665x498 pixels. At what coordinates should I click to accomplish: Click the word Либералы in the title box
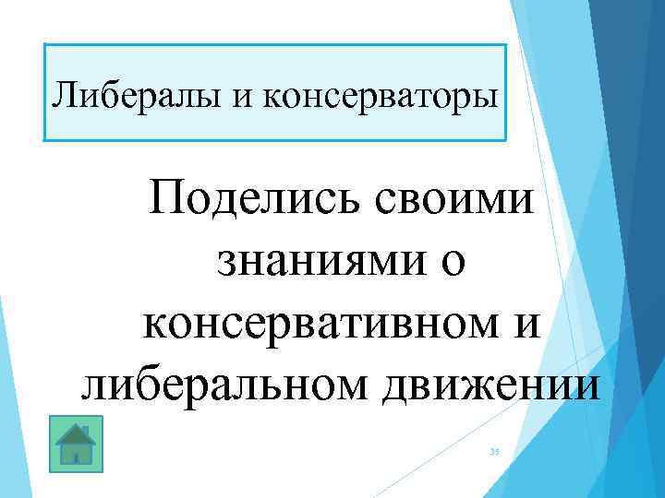(x=118, y=94)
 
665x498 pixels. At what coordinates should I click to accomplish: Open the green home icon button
(x=77, y=444)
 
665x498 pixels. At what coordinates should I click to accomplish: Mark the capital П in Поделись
(x=174, y=199)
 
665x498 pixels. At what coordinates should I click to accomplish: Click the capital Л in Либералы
(x=65, y=94)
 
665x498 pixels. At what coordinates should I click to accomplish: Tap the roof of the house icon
(x=77, y=433)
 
